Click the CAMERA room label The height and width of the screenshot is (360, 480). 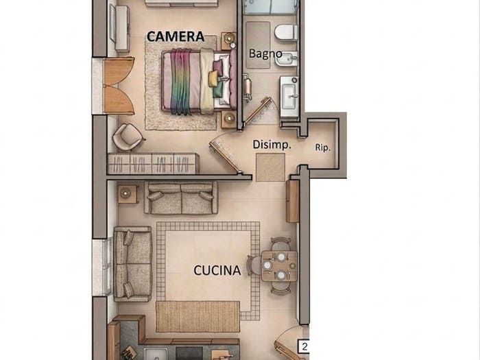[x=176, y=36]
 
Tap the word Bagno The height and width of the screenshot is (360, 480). [x=265, y=53]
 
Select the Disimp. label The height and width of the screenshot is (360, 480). [x=272, y=145]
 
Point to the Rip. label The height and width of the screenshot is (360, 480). [x=323, y=147]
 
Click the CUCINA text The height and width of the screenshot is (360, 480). [x=217, y=270]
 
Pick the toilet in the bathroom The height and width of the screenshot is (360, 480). [x=286, y=32]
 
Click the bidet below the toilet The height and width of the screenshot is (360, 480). [x=286, y=58]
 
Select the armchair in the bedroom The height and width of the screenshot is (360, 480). [x=128, y=137]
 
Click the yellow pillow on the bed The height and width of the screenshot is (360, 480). [x=214, y=77]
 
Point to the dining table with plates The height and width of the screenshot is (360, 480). [x=279, y=266]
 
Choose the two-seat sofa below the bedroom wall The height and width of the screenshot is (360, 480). [x=181, y=198]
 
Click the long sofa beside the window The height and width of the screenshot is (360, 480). [x=132, y=264]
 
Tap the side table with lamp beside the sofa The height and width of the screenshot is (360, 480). [x=128, y=194]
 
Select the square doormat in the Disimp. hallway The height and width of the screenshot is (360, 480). [x=271, y=167]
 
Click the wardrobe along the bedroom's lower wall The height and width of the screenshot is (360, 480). [x=154, y=164]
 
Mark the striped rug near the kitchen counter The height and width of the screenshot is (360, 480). [x=197, y=317]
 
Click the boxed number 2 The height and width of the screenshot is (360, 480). [x=304, y=346]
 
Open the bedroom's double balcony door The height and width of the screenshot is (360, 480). [x=118, y=86]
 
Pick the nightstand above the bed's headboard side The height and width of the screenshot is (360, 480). [x=228, y=40]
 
